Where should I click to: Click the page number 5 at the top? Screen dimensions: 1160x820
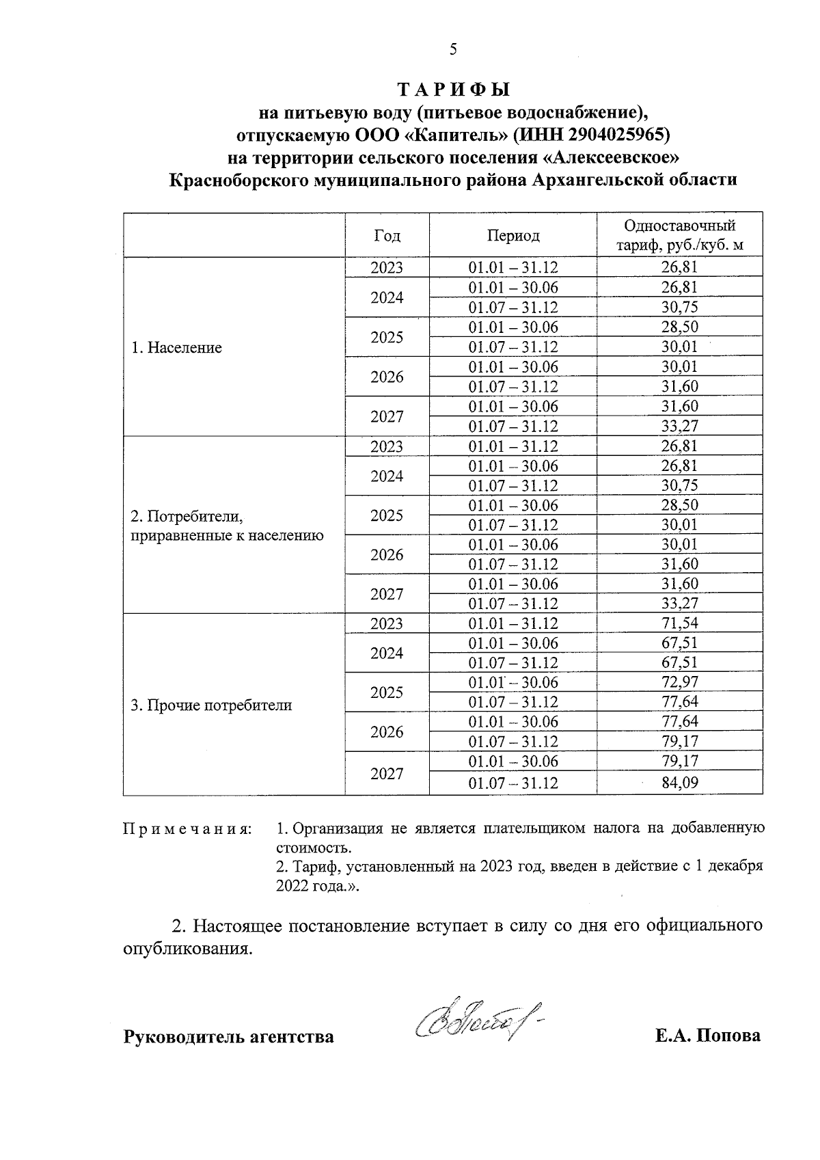452,49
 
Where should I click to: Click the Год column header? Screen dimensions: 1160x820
387,236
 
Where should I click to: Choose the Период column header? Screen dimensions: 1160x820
512,236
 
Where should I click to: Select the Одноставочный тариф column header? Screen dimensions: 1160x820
679,235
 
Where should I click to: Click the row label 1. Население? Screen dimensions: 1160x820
176,347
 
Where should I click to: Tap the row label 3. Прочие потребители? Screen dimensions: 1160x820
211,705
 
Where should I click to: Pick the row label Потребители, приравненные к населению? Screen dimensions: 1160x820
227,525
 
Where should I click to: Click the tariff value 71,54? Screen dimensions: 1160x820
679,623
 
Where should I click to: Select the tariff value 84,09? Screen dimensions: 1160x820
679,783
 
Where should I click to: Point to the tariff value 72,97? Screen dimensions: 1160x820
679,682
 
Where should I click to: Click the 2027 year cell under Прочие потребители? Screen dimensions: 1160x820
387,774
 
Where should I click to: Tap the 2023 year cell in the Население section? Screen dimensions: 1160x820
387,268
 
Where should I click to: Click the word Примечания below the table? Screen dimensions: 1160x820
187,829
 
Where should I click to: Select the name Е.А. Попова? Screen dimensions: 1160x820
707,1036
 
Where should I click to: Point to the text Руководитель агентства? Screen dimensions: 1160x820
228,1037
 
